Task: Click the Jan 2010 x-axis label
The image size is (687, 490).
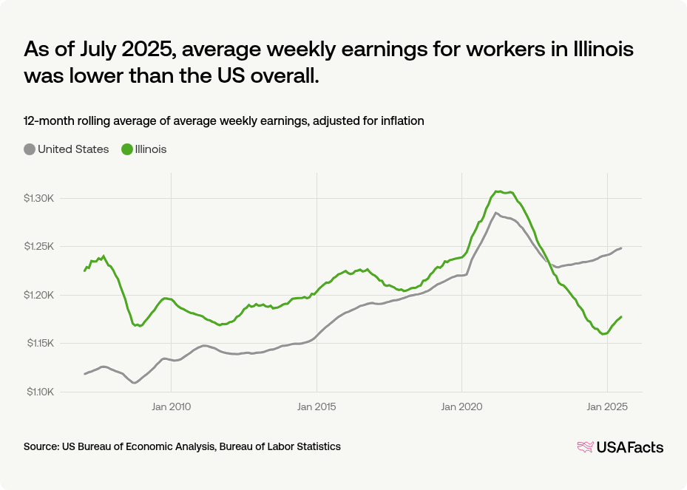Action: coord(171,406)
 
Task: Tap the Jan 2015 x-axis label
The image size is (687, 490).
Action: coord(317,406)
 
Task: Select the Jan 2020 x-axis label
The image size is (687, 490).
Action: coord(461,406)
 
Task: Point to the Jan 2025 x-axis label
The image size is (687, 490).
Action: coord(607,406)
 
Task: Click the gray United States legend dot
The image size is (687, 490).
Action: coord(30,149)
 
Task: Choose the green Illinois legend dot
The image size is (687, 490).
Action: coord(127,149)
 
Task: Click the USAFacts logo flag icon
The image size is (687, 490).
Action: coord(585,446)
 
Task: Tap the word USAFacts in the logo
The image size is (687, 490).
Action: coord(630,447)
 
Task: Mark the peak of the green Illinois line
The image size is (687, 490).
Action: coord(498,191)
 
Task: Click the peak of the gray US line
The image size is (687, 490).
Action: coord(495,213)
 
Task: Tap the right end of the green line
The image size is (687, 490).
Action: coord(621,316)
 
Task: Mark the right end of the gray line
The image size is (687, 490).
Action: coord(621,248)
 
